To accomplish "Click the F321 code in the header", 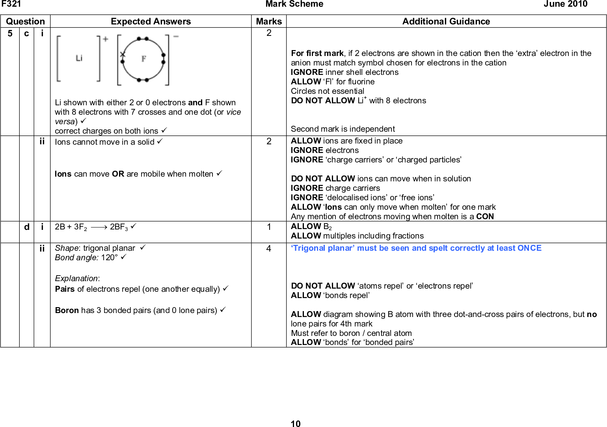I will click(x=11, y=4).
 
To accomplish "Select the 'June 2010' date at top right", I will click(x=565, y=4).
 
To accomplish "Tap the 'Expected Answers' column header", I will click(x=151, y=21).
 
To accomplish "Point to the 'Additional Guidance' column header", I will click(x=446, y=21).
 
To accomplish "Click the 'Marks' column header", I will click(x=269, y=21).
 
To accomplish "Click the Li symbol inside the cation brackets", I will click(x=79, y=58).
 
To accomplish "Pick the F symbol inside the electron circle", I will click(x=144, y=59).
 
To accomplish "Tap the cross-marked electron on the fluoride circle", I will click(x=123, y=54).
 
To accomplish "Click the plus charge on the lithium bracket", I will click(x=105, y=39).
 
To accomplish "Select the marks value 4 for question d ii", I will click(x=269, y=248).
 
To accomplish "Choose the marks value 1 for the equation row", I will click(x=269, y=227).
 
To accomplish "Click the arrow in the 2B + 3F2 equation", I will click(x=99, y=227).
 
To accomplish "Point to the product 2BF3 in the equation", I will click(x=119, y=227).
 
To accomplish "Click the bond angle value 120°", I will click(x=109, y=257).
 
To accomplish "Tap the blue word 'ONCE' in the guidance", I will click(x=529, y=248).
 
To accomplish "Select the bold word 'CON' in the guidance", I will click(x=485, y=216).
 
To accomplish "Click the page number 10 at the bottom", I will click(x=295, y=424).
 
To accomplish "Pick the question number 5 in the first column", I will click(x=10, y=34).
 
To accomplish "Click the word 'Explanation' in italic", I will click(x=76, y=278).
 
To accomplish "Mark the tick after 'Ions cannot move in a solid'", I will click(x=160, y=141).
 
